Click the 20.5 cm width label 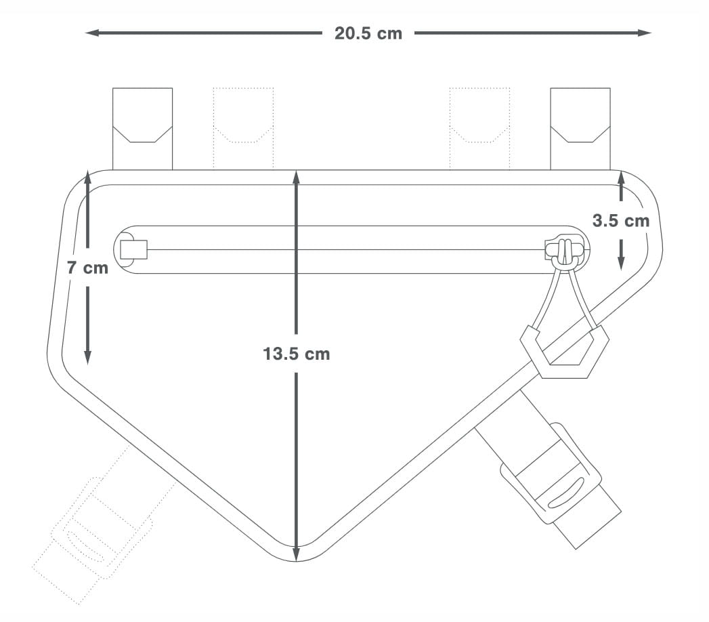pos(368,33)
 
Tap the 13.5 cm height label pos(296,354)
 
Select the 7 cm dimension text pos(88,268)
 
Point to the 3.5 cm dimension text pos(621,221)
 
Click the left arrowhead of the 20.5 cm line pos(91,33)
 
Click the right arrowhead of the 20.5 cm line pos(645,33)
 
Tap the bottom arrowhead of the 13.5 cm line pos(296,555)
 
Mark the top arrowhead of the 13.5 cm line pos(296,178)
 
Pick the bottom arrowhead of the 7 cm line pos(88,357)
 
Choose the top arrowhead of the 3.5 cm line pos(621,178)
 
